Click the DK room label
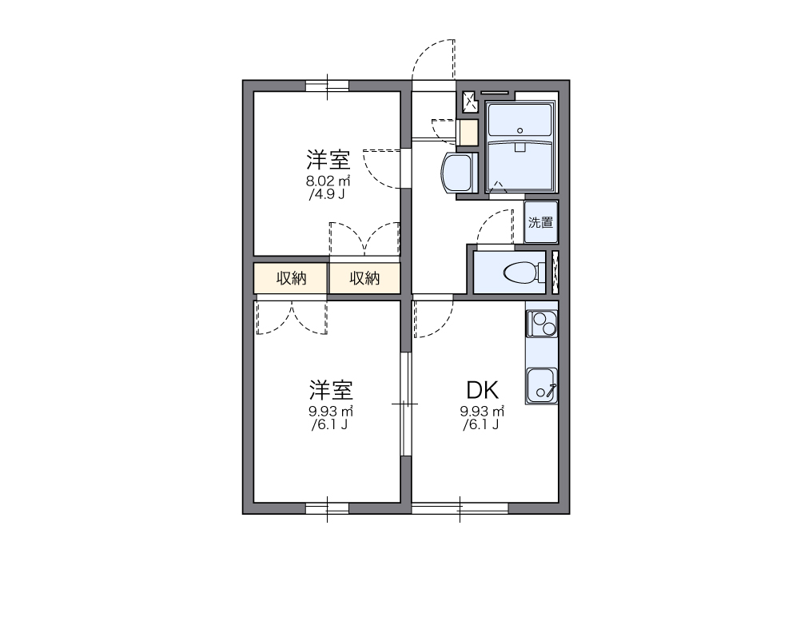[x=483, y=390]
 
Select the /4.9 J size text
[x=326, y=194]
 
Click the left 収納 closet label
[x=291, y=278]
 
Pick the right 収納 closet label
[x=364, y=278]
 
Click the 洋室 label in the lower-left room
[x=331, y=390]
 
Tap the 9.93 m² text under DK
[x=482, y=412]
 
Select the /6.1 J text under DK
[x=481, y=425]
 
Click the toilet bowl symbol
[x=520, y=273]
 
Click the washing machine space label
[x=541, y=222]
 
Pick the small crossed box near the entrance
[x=470, y=101]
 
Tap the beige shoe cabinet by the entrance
[x=468, y=132]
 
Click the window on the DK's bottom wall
[x=460, y=508]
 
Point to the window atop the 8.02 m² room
[x=328, y=86]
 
